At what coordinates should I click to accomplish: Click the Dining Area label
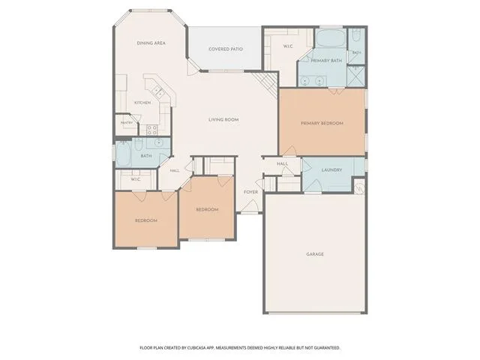(x=151, y=43)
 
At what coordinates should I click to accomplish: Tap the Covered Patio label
(x=226, y=49)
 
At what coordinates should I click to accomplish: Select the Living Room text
(x=223, y=120)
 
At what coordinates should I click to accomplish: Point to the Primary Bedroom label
(x=322, y=123)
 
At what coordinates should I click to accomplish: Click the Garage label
(x=315, y=254)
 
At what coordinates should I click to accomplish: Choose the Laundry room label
(x=331, y=170)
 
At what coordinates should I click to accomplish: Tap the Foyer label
(x=250, y=192)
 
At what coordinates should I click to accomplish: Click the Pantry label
(x=127, y=123)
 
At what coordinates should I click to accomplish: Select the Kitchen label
(x=142, y=103)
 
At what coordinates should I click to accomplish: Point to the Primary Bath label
(x=326, y=61)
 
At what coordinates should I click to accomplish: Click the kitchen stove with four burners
(x=151, y=130)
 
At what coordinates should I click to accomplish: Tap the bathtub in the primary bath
(x=331, y=37)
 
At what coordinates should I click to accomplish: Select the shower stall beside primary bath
(x=356, y=76)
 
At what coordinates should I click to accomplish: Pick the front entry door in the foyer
(x=250, y=206)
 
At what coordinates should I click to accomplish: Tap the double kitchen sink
(x=157, y=91)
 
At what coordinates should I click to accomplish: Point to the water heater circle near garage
(x=359, y=186)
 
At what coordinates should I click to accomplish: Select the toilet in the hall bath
(x=138, y=145)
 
